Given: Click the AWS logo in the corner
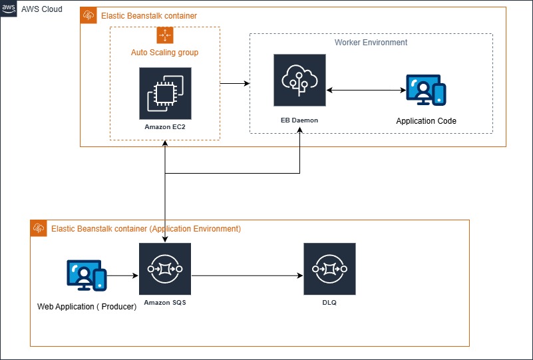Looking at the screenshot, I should (x=9, y=9).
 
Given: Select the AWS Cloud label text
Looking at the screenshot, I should (x=41, y=9).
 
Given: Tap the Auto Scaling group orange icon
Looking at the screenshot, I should (x=164, y=35).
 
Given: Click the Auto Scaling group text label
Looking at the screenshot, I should (x=164, y=52).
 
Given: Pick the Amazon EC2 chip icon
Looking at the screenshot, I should (x=165, y=93).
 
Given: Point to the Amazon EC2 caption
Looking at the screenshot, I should (x=165, y=126).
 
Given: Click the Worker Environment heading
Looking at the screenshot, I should (x=371, y=43).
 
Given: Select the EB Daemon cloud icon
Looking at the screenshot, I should (x=299, y=81).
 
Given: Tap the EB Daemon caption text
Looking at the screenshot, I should (x=299, y=120).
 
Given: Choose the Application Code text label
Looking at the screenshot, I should (x=426, y=121).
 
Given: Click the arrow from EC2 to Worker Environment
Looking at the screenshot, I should (x=234, y=84).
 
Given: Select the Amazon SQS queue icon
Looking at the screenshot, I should (x=165, y=269).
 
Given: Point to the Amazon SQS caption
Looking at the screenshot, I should (x=165, y=302).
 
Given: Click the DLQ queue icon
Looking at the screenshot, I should (x=329, y=269).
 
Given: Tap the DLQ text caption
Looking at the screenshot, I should (x=329, y=302).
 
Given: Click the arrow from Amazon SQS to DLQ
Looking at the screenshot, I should (x=246, y=275).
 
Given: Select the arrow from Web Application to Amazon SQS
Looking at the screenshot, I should (x=122, y=275).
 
